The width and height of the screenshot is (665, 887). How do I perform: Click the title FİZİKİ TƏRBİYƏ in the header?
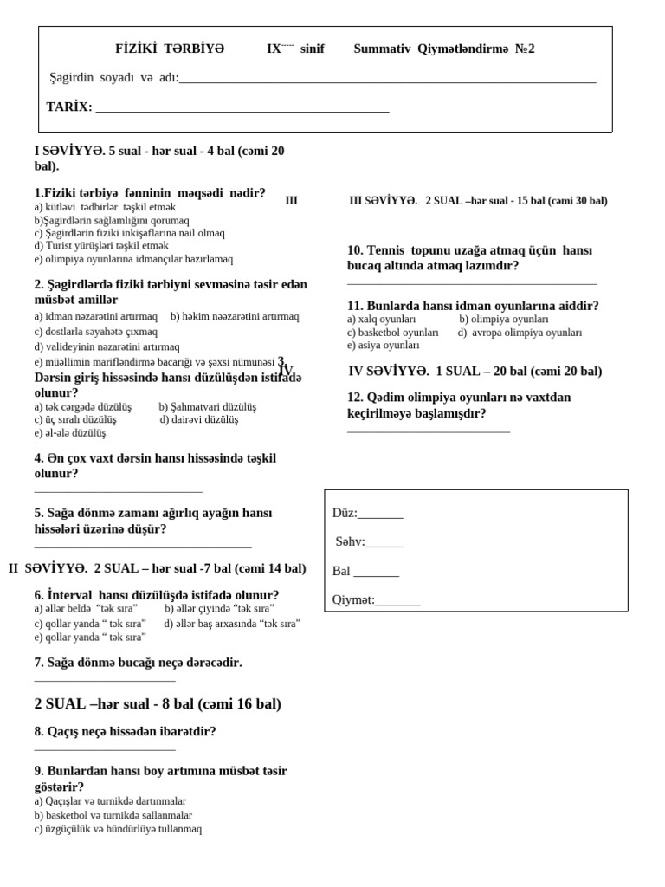pos(170,49)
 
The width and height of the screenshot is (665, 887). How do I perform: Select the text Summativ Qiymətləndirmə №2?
pos(443,49)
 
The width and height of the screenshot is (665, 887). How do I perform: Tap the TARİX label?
pos(69,107)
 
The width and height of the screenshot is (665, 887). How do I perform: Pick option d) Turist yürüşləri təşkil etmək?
pos(101,246)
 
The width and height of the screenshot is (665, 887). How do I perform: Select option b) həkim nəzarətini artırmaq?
pos(235,317)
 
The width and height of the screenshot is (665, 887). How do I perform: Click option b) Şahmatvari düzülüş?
pos(208,406)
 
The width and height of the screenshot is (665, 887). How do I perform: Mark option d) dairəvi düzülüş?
pos(198,419)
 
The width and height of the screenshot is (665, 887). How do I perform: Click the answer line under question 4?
pos(118,491)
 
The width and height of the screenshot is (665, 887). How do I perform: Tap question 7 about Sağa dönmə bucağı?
pos(138,663)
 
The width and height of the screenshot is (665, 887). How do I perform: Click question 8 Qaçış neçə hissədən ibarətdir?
pos(125,731)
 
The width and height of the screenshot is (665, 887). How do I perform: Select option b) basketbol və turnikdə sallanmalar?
pos(113,815)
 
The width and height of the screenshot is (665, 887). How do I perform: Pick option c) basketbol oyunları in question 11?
pos(393,332)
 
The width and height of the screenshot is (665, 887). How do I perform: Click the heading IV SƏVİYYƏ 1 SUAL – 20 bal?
pos(475,371)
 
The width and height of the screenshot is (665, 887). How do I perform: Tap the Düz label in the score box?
pos(345,513)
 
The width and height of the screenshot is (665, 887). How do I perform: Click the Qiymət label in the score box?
pos(353,599)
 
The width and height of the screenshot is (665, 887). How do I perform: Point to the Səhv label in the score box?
pos(350,541)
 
